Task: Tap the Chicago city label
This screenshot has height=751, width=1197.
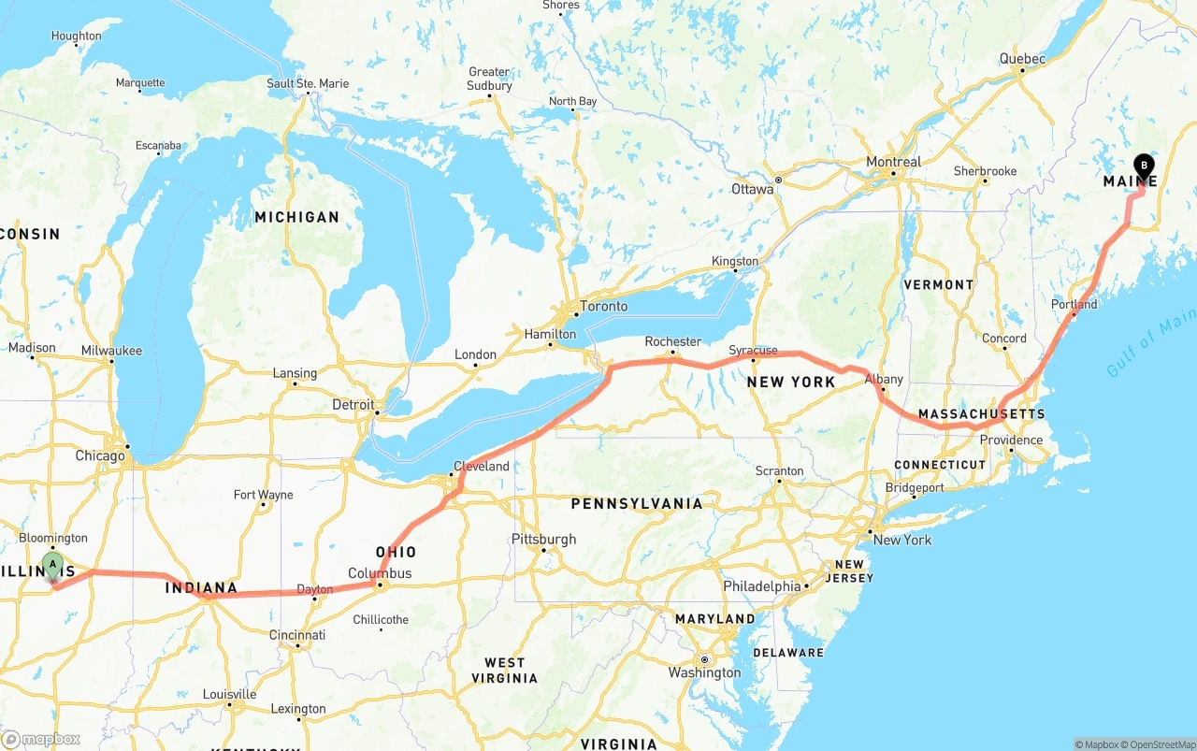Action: pyautogui.click(x=100, y=456)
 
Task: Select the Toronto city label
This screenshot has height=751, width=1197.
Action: pyautogui.click(x=603, y=307)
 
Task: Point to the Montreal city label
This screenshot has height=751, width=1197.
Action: pyautogui.click(x=893, y=162)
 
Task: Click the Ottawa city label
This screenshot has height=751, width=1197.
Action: pyautogui.click(x=752, y=189)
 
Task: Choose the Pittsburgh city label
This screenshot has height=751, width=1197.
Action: pyautogui.click(x=543, y=540)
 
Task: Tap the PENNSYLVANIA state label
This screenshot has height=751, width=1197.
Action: pyautogui.click(x=637, y=504)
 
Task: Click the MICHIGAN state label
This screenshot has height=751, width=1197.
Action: pyautogui.click(x=296, y=217)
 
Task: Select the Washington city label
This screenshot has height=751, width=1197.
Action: pyautogui.click(x=704, y=672)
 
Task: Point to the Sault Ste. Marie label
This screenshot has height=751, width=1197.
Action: pyautogui.click(x=308, y=83)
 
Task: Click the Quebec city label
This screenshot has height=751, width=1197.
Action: pyautogui.click(x=1021, y=58)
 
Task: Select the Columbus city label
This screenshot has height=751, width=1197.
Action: pyautogui.click(x=380, y=573)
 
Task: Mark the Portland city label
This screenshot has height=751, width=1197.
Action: pyautogui.click(x=1074, y=304)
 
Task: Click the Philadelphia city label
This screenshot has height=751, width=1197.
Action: pyautogui.click(x=762, y=586)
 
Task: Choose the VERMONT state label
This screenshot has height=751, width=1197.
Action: pyautogui.click(x=938, y=284)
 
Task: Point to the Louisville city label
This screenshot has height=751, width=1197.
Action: pyautogui.click(x=229, y=694)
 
